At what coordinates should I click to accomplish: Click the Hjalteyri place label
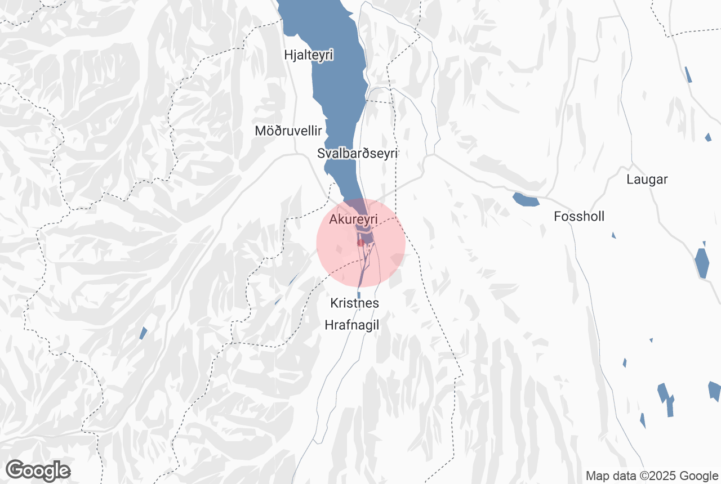click(309, 55)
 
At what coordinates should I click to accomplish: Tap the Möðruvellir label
click(288, 131)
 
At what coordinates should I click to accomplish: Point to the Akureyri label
click(353, 218)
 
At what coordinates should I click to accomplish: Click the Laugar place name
click(647, 180)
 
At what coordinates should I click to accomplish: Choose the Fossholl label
click(579, 216)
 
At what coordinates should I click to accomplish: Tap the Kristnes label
click(354, 303)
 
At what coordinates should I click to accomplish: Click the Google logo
click(38, 470)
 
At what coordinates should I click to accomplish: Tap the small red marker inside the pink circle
click(360, 243)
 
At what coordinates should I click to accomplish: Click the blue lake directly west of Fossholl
click(526, 199)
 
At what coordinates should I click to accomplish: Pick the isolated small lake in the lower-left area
click(143, 333)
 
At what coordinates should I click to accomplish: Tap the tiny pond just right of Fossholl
click(613, 235)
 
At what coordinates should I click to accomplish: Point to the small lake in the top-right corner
click(688, 74)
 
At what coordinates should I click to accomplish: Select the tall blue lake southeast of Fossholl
click(702, 262)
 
